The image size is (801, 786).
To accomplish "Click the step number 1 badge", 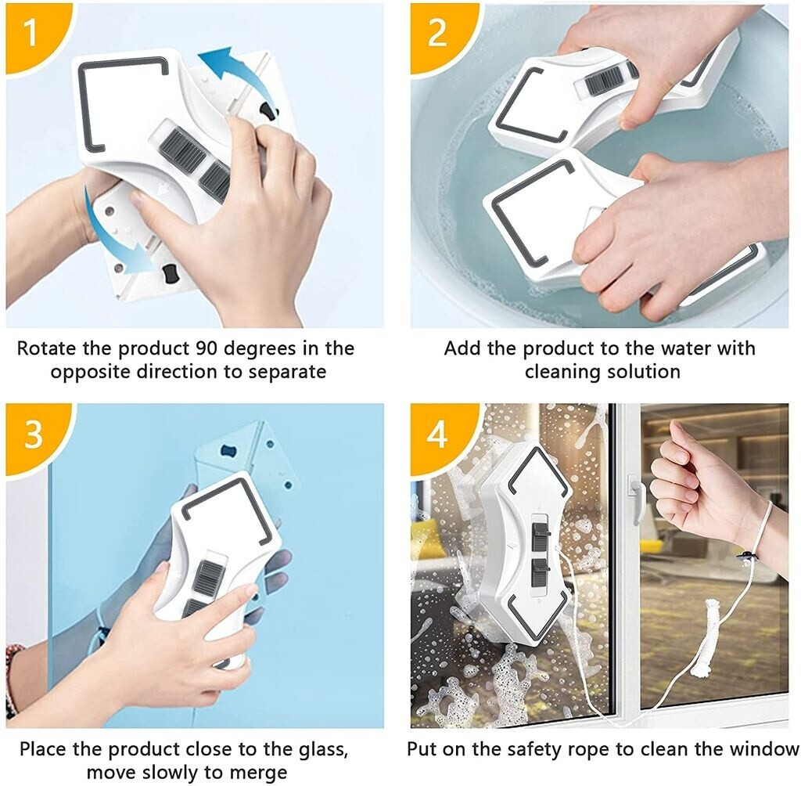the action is click(x=31, y=33).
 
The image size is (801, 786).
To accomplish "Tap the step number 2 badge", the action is click(x=437, y=33).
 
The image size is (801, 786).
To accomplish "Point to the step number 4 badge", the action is click(x=437, y=434).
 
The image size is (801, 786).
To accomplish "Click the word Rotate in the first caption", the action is click(x=47, y=348).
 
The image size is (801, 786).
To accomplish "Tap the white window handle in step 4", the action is click(x=638, y=499).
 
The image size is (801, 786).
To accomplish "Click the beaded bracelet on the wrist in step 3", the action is click(x=13, y=678).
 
